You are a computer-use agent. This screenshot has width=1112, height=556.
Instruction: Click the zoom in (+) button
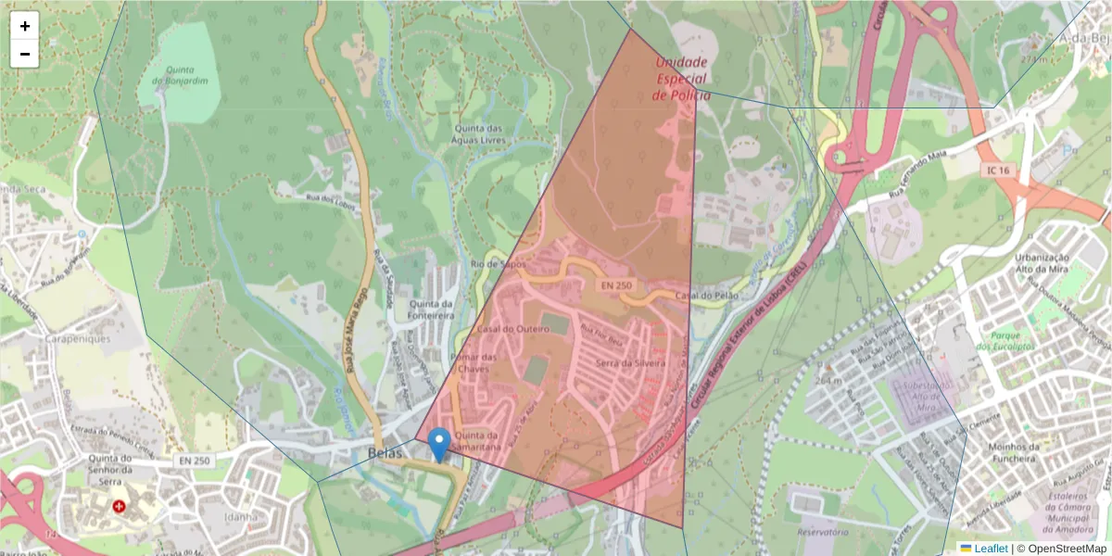click(25, 26)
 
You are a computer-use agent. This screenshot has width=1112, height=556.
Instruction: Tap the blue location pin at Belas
click(440, 444)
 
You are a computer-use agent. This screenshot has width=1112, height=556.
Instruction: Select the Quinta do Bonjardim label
click(186, 75)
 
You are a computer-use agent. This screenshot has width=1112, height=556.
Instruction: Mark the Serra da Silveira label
click(631, 362)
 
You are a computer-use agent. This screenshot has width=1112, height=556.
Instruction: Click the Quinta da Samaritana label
click(478, 442)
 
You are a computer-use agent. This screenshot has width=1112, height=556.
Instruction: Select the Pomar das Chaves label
click(473, 363)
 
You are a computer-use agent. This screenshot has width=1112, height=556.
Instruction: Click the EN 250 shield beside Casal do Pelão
click(616, 285)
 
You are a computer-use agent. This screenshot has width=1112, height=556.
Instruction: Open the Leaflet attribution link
click(990, 549)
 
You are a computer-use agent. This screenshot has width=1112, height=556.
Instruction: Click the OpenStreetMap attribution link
click(1062, 549)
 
